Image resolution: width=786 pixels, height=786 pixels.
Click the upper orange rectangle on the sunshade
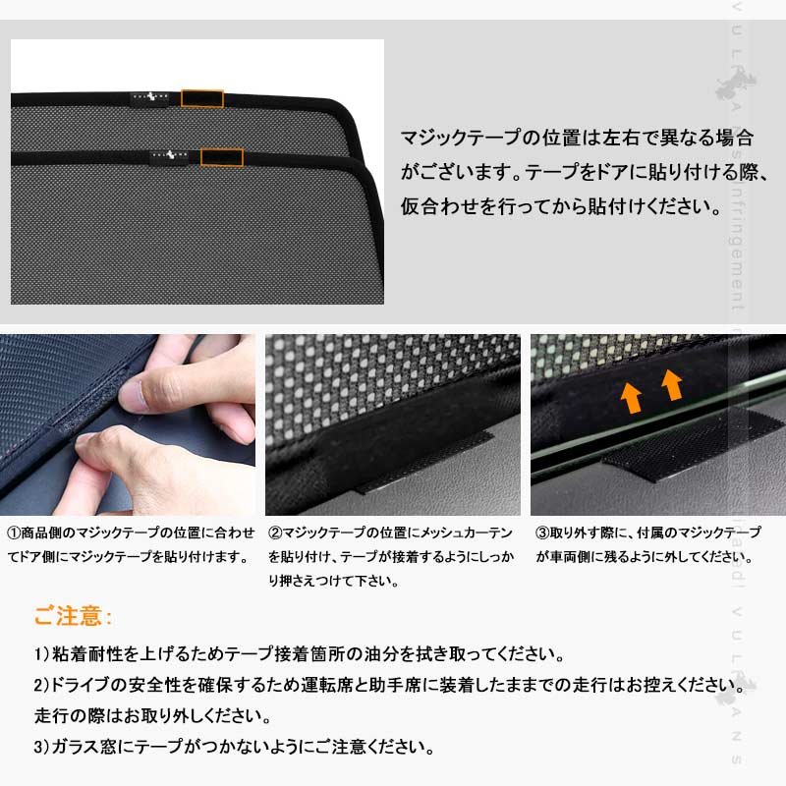202,98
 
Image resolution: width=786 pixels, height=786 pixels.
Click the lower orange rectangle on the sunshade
221,156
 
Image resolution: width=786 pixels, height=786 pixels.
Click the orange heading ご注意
74,617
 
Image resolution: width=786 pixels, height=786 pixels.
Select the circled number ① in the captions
15,533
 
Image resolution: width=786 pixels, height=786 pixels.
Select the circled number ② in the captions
276,533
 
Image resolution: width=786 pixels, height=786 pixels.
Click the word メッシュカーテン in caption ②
466,533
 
